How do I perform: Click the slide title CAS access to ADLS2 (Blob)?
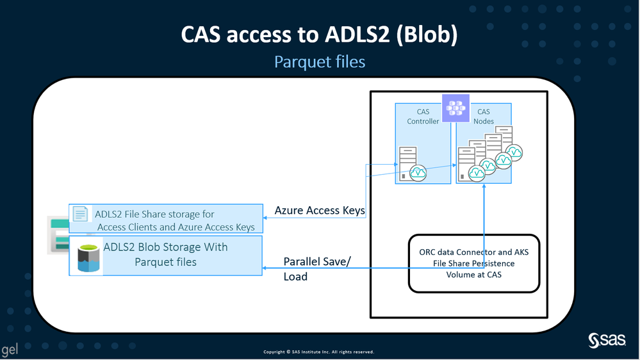click(319, 35)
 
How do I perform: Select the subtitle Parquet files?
click(319, 62)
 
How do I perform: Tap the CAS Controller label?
click(423, 117)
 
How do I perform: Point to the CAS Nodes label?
click(483, 117)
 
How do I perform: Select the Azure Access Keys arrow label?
click(320, 210)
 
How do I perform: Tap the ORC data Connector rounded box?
click(473, 263)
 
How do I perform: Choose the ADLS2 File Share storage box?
click(166, 218)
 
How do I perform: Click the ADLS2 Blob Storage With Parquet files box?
click(166, 255)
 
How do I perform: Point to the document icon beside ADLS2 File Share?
click(81, 215)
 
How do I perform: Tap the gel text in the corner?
click(10, 350)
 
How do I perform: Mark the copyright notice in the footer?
click(318, 352)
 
